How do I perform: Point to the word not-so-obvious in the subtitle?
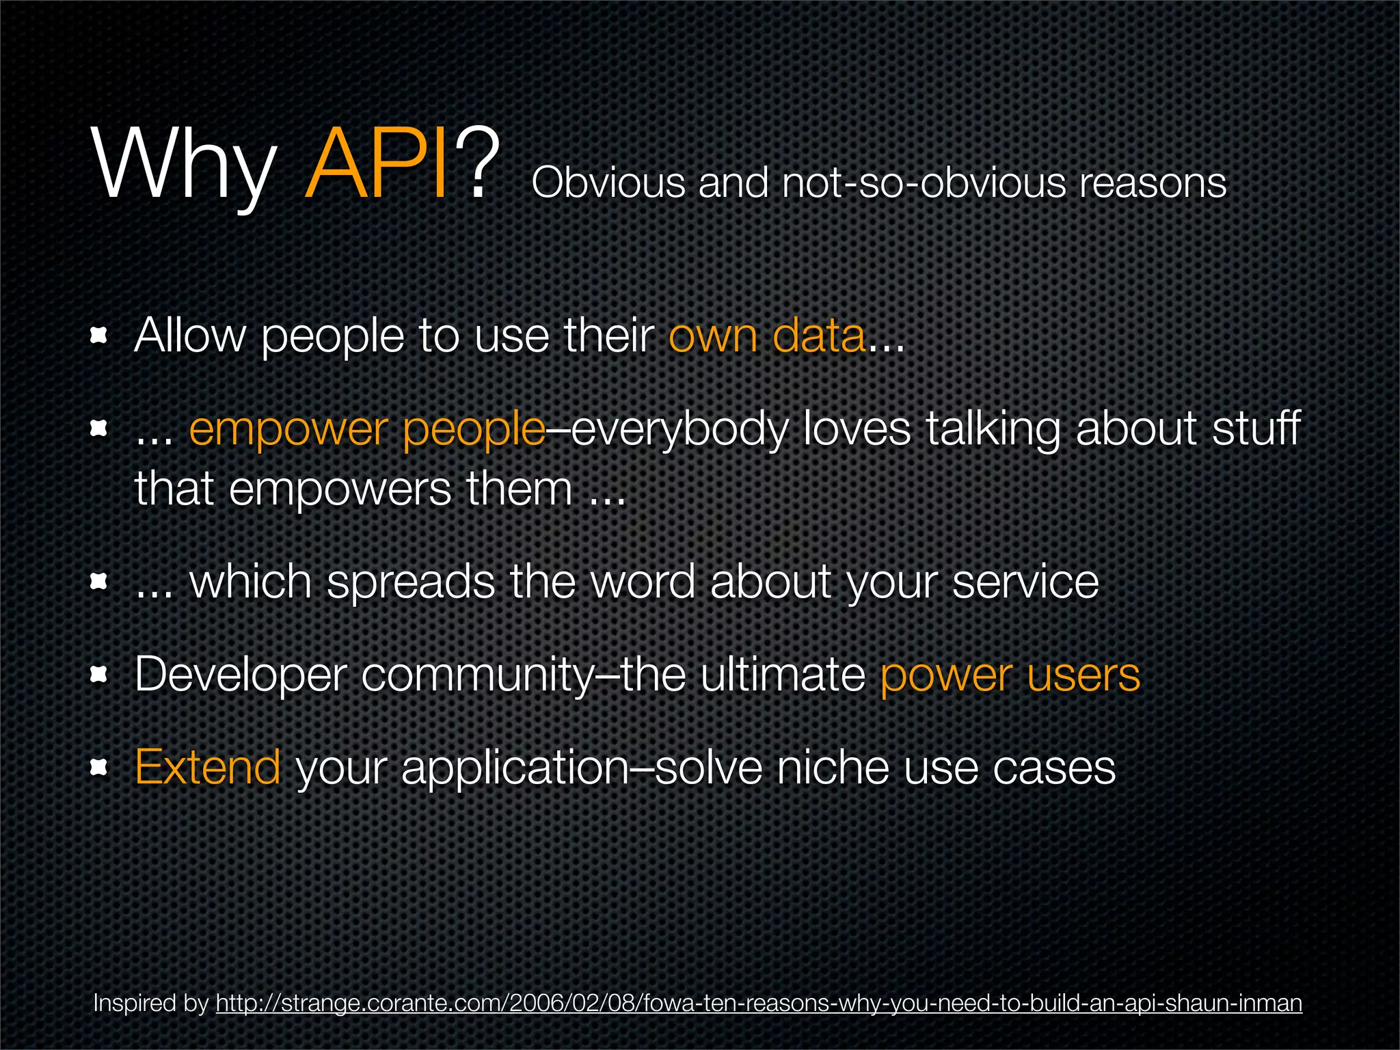[924, 183]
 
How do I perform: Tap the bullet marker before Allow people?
[100, 336]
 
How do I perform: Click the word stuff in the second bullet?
[1256, 429]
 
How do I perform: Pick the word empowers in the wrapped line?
[340, 489]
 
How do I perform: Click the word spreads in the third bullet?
[410, 583]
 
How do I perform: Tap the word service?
[1025, 583]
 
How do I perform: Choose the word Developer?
[240, 675]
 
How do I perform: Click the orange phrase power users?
[1010, 675]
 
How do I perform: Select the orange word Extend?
[208, 767]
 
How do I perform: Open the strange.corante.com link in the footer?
[759, 1003]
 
